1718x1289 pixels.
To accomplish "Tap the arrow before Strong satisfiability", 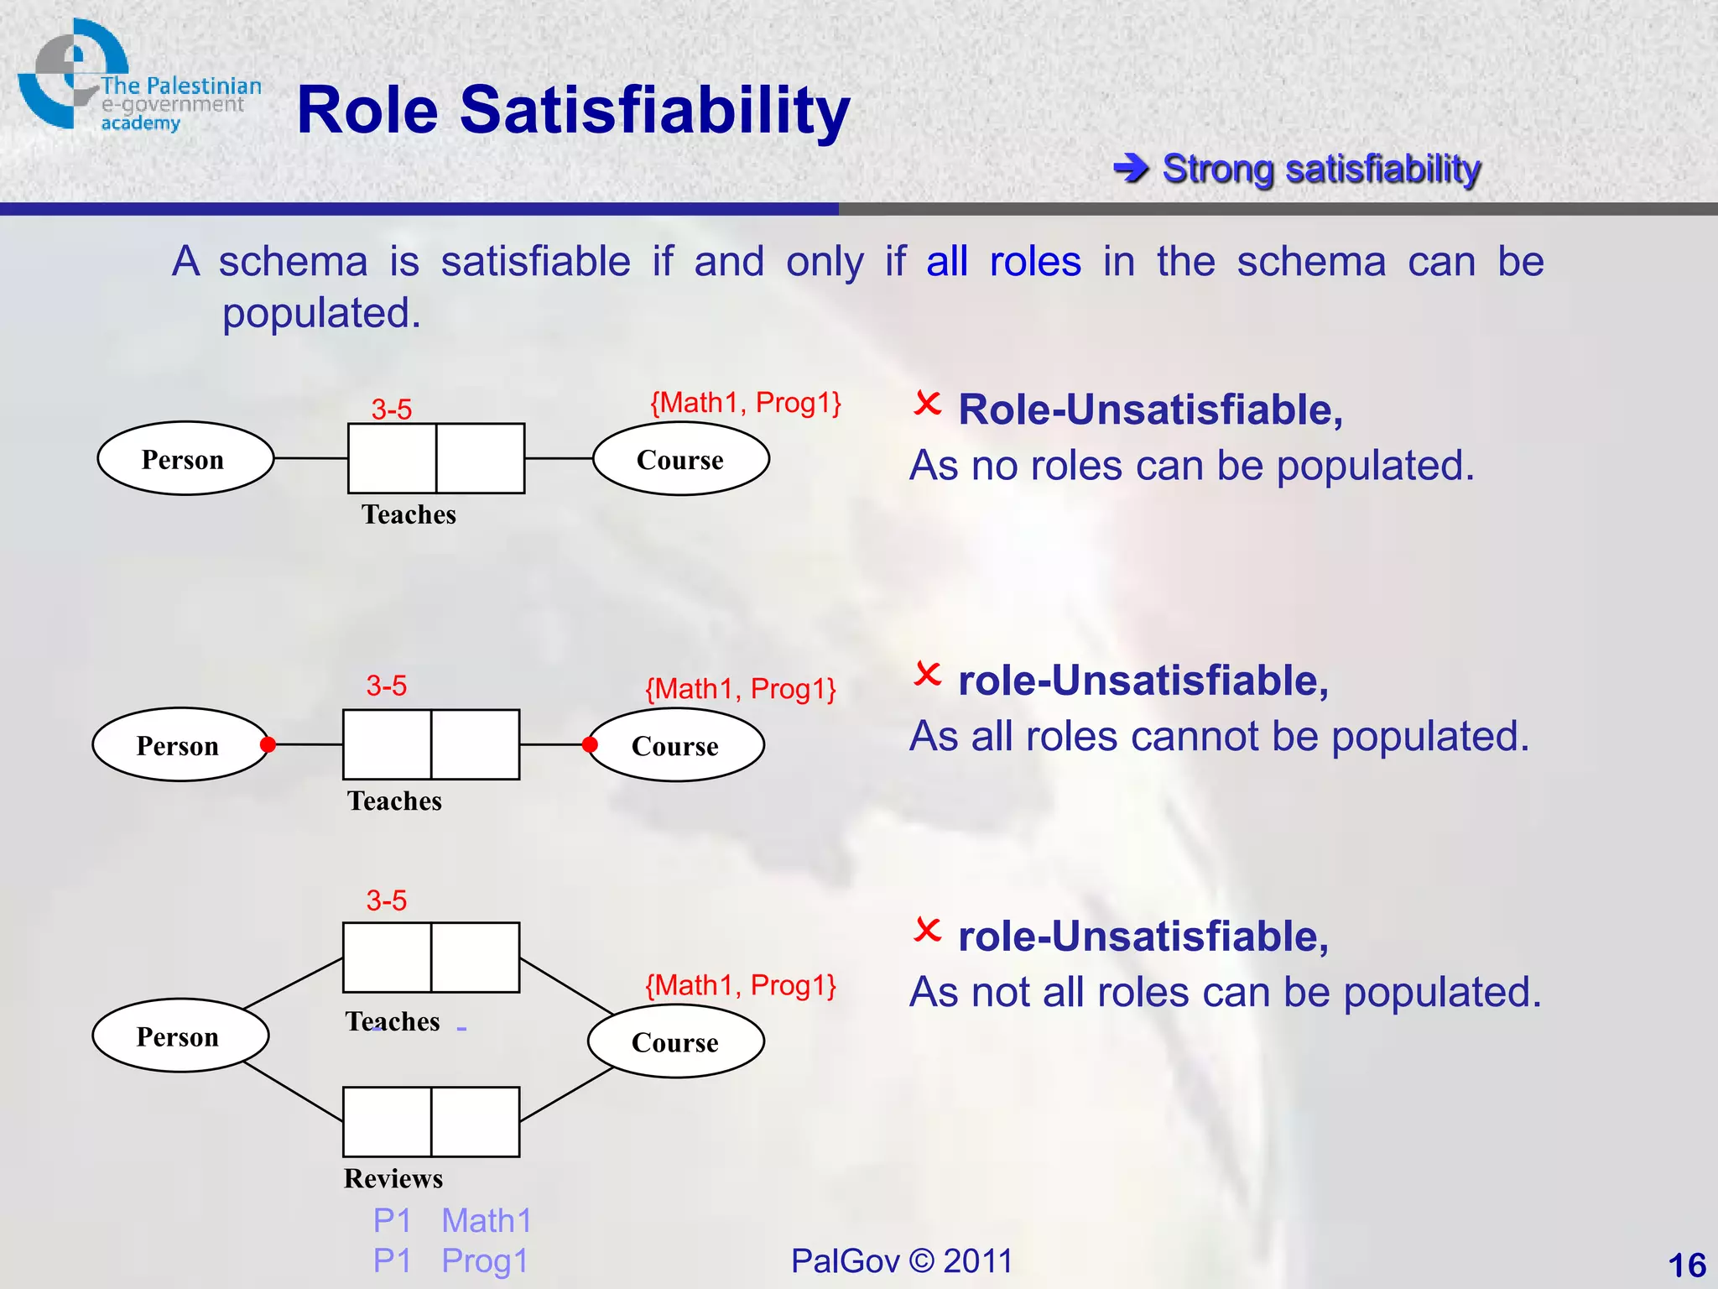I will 1131,169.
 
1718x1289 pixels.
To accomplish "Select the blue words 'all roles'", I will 1003,262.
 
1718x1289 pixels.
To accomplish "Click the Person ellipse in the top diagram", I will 185,458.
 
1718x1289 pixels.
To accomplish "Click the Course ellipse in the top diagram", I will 680,458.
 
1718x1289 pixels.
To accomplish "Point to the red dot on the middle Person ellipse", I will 268,744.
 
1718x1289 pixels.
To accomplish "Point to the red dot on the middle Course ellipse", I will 590,744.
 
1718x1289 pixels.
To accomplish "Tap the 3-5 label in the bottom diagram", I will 386,900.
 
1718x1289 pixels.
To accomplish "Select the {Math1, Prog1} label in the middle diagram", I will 740,689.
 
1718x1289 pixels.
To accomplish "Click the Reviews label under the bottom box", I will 393,1178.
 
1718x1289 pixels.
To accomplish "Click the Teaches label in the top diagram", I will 409,514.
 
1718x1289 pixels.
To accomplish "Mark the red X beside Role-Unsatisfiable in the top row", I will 927,404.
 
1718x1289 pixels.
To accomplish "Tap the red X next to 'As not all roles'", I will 927,930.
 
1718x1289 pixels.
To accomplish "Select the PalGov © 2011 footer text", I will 902,1260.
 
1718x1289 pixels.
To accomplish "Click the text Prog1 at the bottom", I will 485,1260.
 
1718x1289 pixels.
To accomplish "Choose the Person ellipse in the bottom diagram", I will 180,1036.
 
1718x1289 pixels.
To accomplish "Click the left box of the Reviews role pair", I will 387,1122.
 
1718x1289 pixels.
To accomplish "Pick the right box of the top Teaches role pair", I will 480,458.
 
